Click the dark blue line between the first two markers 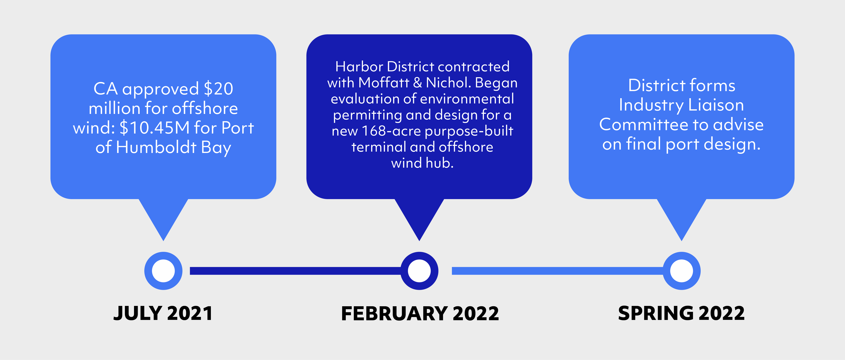click(x=295, y=271)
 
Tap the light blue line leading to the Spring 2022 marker click(x=558, y=271)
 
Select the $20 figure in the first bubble click(x=219, y=89)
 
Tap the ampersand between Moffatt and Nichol click(x=418, y=83)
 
